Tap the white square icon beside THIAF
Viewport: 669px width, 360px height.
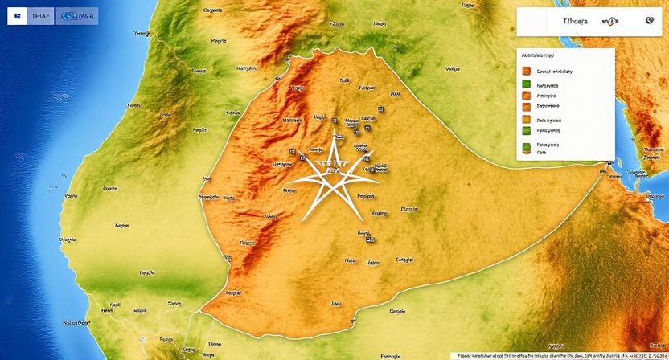click(14, 16)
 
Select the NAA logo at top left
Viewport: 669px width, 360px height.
click(73, 16)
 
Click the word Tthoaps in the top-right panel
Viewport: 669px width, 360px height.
click(575, 22)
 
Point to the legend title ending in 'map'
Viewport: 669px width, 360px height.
click(537, 55)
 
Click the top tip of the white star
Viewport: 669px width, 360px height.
click(331, 129)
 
